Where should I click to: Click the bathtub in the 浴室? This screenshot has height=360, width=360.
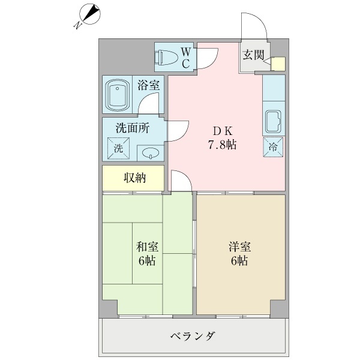pos(118,95)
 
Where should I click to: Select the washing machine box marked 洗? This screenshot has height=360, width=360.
pos(119,148)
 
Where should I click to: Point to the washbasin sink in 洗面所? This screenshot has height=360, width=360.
pos(151,152)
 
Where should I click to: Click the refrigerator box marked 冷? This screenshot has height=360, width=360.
pos(273,147)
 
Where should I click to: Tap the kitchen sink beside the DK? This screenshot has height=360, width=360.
pos(273,122)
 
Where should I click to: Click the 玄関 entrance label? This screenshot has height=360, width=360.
pos(253,55)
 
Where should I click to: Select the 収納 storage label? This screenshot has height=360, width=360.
pos(135,178)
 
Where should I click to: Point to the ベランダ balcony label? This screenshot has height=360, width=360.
pos(193,337)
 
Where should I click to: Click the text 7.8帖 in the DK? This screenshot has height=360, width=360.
pos(222,145)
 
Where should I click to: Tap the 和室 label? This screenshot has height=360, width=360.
pos(147,247)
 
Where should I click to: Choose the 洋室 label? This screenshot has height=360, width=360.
pos(239,247)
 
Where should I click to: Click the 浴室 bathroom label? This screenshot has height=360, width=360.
pos(149,85)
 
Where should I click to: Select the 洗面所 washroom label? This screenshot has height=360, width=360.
pos(133,128)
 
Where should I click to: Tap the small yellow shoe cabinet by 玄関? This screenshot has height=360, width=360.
pos(278,64)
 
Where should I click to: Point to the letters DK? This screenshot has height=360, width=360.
pos(223,131)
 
